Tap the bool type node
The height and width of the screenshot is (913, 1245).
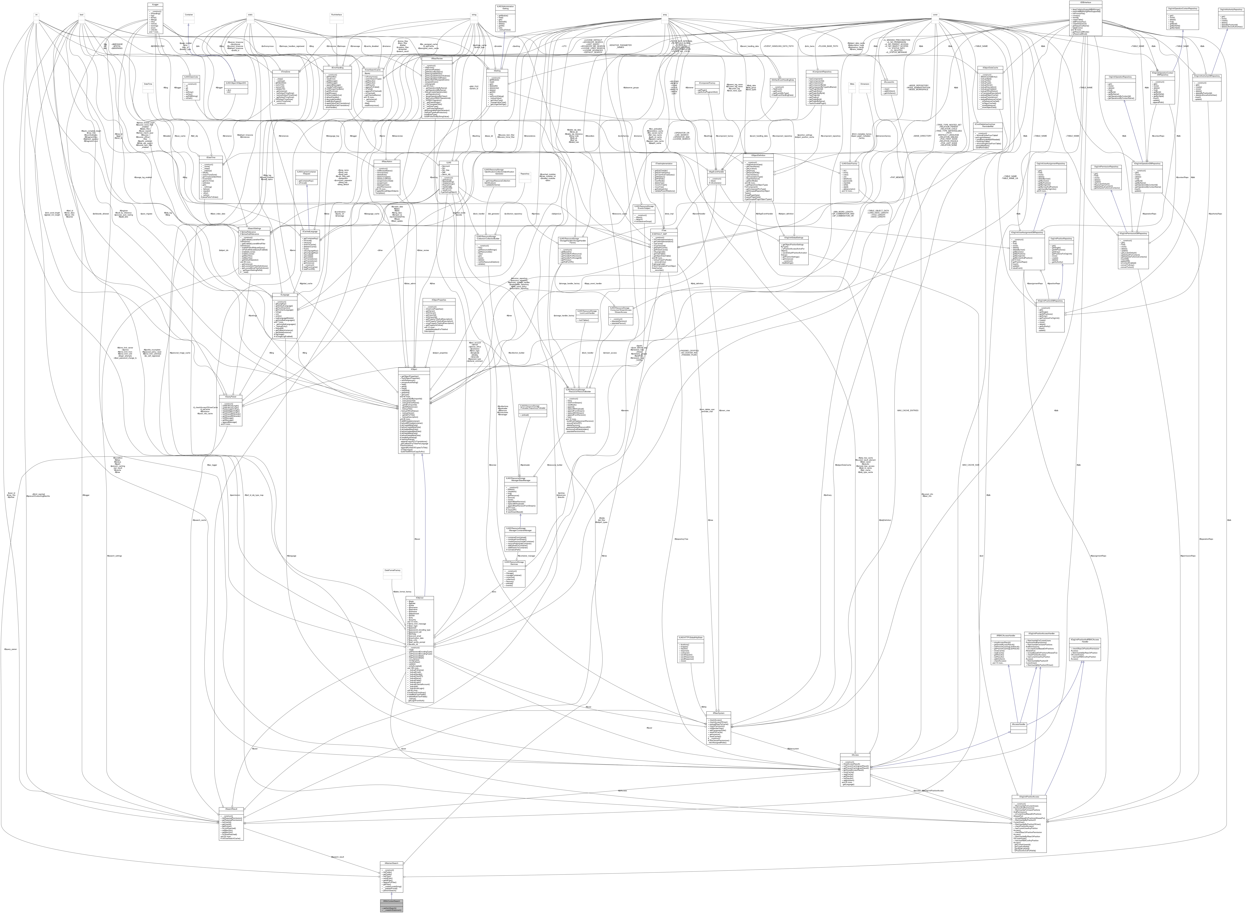pos(81,15)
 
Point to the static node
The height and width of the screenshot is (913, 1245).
pos(250,15)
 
